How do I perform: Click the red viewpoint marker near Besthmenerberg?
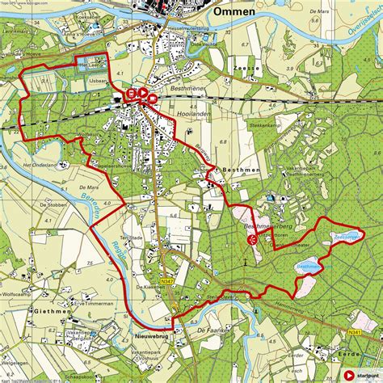[252, 239]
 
